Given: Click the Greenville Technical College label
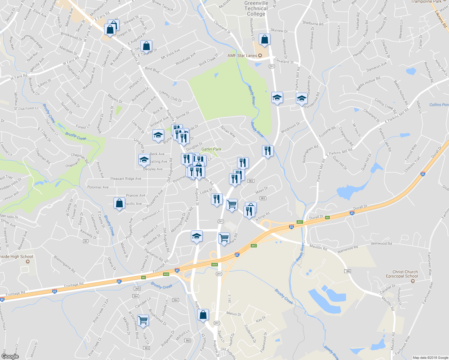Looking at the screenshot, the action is [256, 9].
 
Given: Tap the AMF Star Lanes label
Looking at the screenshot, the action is [242, 55].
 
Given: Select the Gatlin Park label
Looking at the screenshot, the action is [211, 149].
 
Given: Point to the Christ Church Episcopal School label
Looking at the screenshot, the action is [402, 274].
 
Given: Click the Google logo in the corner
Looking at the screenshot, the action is [10, 356].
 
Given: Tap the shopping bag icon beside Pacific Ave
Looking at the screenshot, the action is [119, 204].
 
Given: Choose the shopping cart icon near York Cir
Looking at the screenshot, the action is [143, 320].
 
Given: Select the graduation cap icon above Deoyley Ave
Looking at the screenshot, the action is [144, 160].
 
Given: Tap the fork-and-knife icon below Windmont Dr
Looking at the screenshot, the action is [268, 151].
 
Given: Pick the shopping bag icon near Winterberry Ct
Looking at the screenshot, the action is [264, 39].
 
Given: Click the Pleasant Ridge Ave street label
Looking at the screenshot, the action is [125, 178].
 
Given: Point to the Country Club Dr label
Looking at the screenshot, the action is [170, 96].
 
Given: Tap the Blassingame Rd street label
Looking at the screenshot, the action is [65, 264].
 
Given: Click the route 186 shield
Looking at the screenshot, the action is [348, 271].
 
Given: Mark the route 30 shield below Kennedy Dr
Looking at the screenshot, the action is [86, 241].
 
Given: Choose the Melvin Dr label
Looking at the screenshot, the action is [234, 314].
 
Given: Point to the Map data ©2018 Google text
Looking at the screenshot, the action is [430, 358].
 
